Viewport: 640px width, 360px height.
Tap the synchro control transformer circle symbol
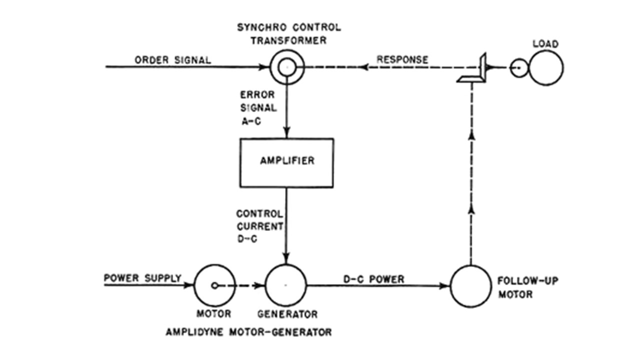(286, 67)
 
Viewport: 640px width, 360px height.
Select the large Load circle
(546, 67)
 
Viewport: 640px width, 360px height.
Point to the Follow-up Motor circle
(470, 286)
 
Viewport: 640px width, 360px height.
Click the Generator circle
(285, 285)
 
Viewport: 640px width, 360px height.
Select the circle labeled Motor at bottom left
(214, 285)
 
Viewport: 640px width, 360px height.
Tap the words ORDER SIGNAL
(172, 60)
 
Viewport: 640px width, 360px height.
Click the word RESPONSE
(402, 59)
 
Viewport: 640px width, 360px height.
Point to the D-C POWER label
(373, 279)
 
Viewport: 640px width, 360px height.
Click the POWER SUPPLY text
(142, 278)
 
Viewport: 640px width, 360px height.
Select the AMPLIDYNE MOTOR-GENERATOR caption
(248, 331)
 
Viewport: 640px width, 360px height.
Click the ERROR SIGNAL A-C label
(257, 107)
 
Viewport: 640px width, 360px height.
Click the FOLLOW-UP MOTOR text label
(528, 287)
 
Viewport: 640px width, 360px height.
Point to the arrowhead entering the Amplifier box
(286, 134)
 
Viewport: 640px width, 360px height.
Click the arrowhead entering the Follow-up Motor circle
(445, 286)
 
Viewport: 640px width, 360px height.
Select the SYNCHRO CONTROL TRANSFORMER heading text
(288, 34)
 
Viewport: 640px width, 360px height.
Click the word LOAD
(545, 44)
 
